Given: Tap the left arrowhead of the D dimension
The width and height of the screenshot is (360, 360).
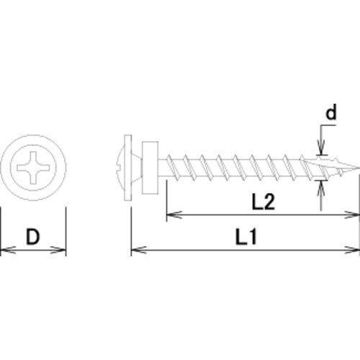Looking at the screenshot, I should [x=5, y=251].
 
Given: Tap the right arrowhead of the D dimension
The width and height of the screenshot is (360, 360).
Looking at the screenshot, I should [x=61, y=251].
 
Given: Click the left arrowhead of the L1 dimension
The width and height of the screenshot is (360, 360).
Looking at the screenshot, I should [x=136, y=252].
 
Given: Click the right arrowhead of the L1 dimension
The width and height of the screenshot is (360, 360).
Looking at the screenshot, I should [x=354, y=252].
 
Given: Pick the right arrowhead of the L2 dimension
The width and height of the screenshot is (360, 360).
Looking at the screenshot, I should [x=354, y=214].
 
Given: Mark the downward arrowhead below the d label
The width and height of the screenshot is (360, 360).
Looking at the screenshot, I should [x=321, y=152].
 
